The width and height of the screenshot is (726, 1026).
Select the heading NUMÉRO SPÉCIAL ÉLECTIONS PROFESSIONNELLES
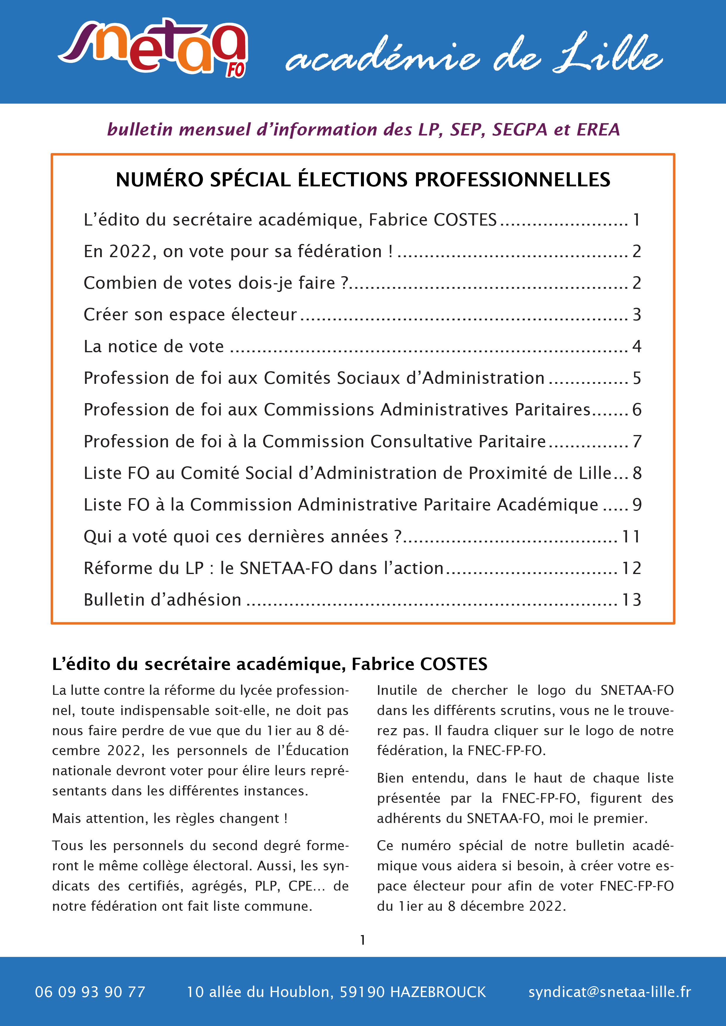click(362, 180)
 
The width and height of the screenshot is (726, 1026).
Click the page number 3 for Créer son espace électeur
click(637, 314)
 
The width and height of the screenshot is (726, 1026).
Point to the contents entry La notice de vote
click(154, 346)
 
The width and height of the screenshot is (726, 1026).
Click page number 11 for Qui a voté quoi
click(631, 536)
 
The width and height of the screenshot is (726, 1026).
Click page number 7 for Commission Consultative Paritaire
click(637, 441)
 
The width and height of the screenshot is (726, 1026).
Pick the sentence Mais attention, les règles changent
click(170, 818)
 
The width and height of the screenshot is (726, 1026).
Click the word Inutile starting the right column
click(397, 690)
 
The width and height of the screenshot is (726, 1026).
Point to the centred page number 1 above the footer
click(362, 940)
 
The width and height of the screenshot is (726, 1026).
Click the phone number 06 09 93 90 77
click(90, 992)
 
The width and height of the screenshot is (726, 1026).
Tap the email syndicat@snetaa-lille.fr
click(609, 992)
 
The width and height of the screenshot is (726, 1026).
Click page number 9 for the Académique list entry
click(637, 504)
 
